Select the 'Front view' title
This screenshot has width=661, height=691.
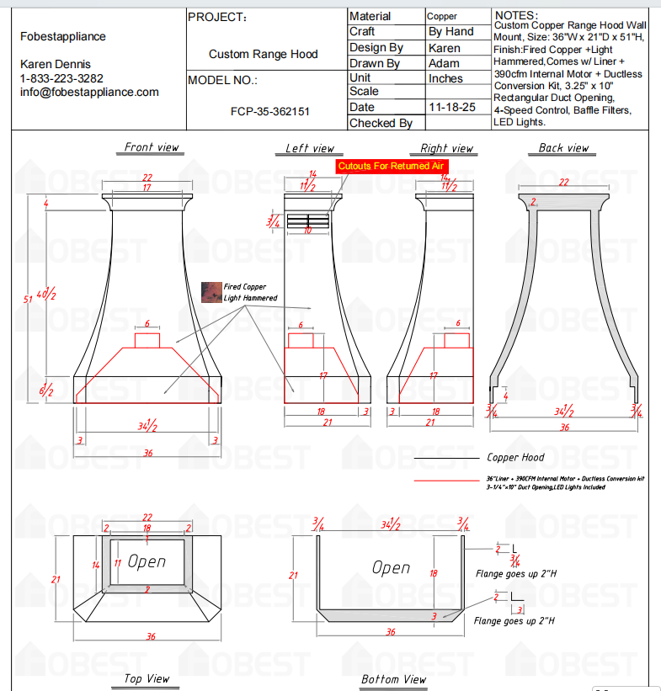[152, 147]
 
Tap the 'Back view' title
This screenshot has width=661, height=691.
[563, 148]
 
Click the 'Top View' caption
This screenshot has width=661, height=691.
[147, 678]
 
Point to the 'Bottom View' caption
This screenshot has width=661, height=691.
[393, 678]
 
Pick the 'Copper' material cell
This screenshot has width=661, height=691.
[442, 16]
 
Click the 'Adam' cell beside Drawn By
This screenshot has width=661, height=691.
[444, 63]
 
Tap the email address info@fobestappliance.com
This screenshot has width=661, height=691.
[89, 92]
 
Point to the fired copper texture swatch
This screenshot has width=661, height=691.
[211, 291]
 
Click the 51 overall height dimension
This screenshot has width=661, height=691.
[27, 299]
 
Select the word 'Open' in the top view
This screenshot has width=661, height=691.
[147, 561]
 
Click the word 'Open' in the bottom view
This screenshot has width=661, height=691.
[392, 568]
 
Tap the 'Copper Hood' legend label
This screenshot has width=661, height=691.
[515, 458]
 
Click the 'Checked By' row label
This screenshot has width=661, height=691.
[381, 124]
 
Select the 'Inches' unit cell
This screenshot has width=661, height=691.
[445, 78]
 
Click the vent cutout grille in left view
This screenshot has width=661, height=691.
[307, 221]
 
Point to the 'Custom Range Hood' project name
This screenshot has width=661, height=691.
[264, 54]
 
